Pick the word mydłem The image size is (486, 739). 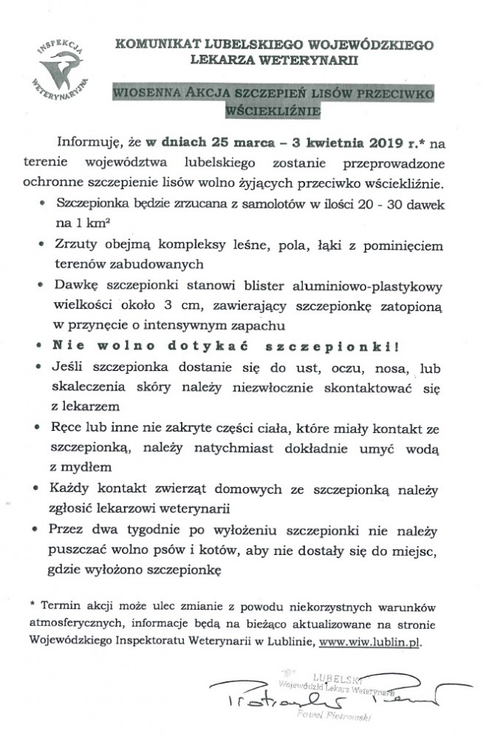coord(89,468)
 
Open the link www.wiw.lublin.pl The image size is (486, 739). coord(371,643)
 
